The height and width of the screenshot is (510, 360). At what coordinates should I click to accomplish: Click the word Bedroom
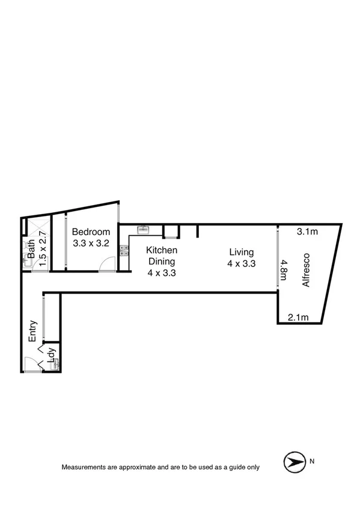(91, 232)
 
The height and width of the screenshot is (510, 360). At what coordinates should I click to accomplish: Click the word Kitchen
(162, 250)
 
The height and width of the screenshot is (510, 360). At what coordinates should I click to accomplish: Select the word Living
(241, 252)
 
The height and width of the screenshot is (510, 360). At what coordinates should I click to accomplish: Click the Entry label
(33, 331)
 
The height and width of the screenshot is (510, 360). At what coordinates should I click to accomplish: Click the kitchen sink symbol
(143, 229)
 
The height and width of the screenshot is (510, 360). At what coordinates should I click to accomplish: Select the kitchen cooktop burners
(124, 251)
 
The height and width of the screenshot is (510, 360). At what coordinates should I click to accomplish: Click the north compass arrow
(293, 462)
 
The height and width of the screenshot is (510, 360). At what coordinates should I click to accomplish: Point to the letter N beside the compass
(312, 462)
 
